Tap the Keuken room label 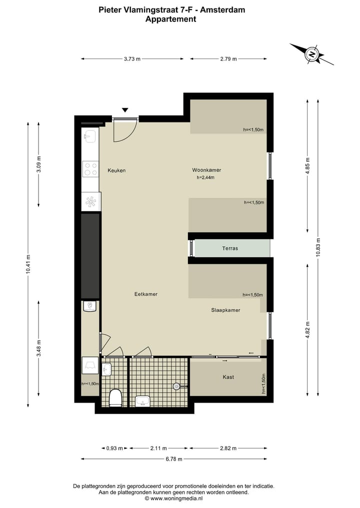coord(116,170)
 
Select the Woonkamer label coord(206,170)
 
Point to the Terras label coord(230,248)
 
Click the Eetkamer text coord(146,294)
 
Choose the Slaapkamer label coord(225,310)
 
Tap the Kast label coord(228,377)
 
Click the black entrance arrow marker coord(125,110)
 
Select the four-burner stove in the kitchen coord(90,169)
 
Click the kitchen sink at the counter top coord(90,136)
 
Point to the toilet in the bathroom coord(115,398)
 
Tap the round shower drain coord(176,386)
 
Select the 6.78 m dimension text coord(174,459)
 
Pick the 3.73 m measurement coord(132,59)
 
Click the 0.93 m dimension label coord(114,448)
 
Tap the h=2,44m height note coord(205,177)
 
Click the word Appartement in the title coord(170,19)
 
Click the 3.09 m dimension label coord(39,165)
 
